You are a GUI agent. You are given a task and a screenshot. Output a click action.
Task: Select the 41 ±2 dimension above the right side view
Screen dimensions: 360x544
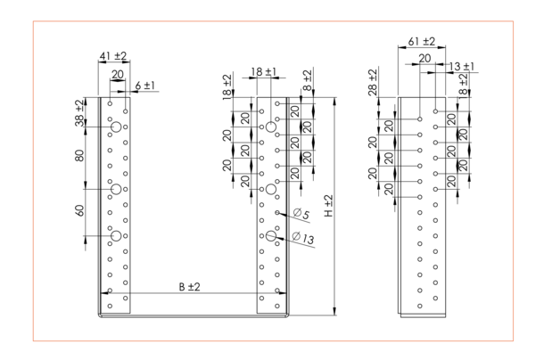point(419,42)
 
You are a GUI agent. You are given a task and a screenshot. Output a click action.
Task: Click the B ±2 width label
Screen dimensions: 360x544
point(188,287)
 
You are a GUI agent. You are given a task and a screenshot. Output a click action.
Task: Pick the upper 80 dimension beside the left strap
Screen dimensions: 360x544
point(79,157)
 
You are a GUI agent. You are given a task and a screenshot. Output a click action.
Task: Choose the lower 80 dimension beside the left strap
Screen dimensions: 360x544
point(79,213)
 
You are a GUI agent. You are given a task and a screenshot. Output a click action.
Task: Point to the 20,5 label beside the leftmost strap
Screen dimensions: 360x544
point(79,112)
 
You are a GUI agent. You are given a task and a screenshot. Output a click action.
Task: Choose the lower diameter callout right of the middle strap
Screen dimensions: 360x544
point(301,238)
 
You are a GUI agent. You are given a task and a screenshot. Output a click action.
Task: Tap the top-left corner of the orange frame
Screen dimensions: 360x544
point(33,20)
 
